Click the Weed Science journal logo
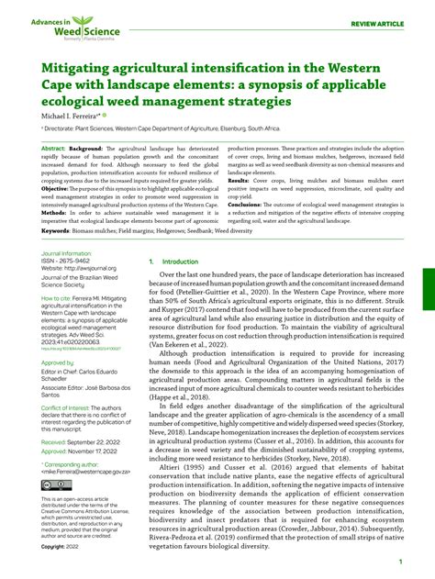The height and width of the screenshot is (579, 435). pos(63,28)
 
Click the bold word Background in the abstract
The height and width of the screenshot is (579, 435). pos(85,147)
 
